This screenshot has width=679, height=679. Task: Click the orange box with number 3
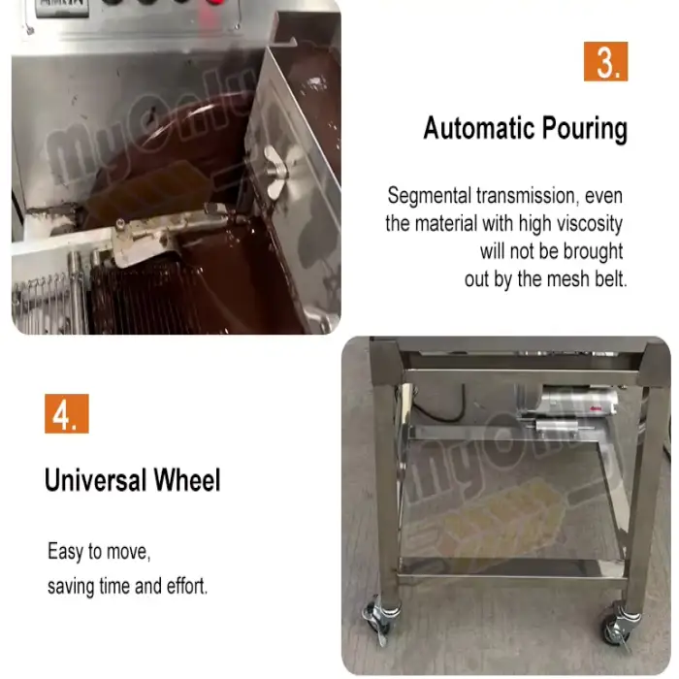click(x=605, y=61)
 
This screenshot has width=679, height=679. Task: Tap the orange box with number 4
click(x=67, y=413)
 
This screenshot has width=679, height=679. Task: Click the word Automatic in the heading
click(x=478, y=129)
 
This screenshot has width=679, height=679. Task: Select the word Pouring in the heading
click(x=585, y=129)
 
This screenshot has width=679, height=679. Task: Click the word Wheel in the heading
click(x=187, y=480)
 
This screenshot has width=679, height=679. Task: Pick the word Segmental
click(x=429, y=196)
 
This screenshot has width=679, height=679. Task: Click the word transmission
click(x=528, y=196)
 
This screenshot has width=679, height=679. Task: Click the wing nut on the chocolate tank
click(x=275, y=172)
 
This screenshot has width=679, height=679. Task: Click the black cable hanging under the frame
click(x=437, y=407)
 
